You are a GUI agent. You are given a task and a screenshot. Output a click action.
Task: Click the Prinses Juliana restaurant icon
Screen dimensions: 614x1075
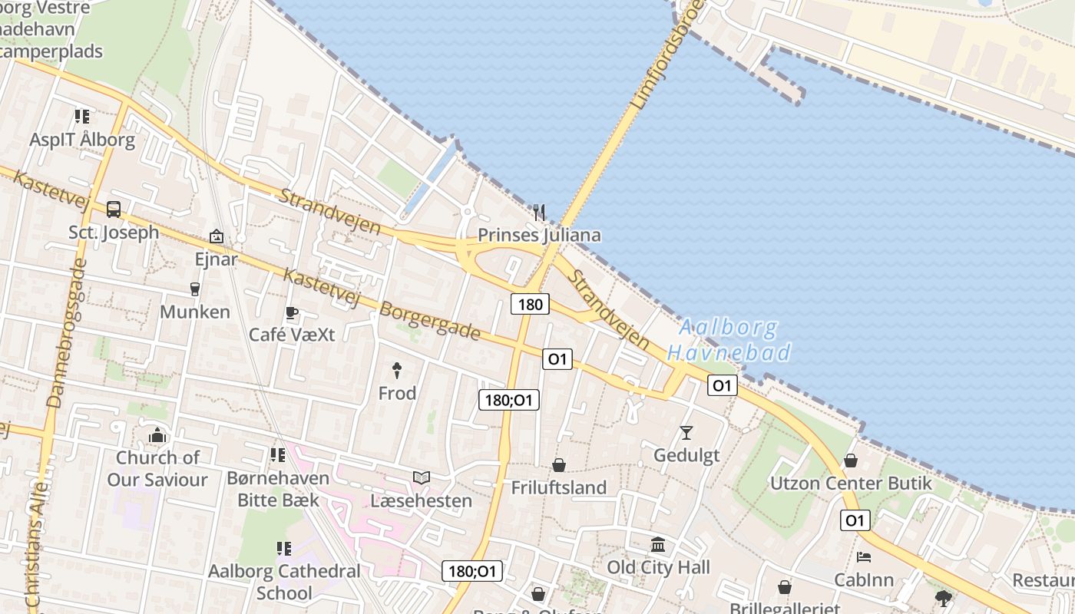[x=539, y=213]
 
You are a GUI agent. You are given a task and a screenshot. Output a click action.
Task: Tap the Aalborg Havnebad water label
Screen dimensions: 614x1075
[x=729, y=340]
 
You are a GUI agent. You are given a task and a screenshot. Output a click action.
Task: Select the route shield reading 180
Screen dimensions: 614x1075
[x=530, y=305]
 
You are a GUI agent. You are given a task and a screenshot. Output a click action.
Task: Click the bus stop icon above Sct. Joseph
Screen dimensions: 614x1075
[x=114, y=209]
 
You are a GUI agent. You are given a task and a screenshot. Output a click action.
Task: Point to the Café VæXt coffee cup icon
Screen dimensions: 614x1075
[x=291, y=312]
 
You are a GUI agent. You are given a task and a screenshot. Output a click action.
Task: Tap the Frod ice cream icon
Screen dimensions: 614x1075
[x=397, y=371]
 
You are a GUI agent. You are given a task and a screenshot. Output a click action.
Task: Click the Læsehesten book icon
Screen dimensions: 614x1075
[x=421, y=477]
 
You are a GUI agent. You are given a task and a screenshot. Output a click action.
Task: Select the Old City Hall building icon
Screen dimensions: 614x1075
[x=658, y=545]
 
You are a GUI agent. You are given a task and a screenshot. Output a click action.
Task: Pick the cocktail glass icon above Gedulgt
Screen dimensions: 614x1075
[x=686, y=433]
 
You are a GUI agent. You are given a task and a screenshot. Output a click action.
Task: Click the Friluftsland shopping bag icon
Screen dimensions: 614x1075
[x=559, y=465]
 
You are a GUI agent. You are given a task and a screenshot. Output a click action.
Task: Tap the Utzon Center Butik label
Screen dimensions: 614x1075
[x=851, y=484]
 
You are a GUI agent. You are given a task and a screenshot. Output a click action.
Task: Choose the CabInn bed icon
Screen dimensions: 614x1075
[x=864, y=557]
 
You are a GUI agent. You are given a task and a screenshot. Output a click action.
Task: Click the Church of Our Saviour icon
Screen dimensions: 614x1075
[x=157, y=436]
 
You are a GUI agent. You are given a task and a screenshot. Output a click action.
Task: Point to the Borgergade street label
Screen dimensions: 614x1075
[x=430, y=322]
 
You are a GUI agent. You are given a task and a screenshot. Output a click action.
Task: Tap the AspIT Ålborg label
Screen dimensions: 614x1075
[x=82, y=140]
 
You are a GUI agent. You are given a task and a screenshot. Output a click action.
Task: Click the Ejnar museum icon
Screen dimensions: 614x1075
[x=217, y=236]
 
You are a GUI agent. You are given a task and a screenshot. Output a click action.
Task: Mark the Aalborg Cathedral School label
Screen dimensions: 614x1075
[x=284, y=582]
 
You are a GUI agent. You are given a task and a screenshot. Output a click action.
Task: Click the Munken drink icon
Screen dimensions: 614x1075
[x=194, y=289]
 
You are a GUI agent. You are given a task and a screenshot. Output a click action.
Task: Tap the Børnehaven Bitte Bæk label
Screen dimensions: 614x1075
[x=277, y=489]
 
